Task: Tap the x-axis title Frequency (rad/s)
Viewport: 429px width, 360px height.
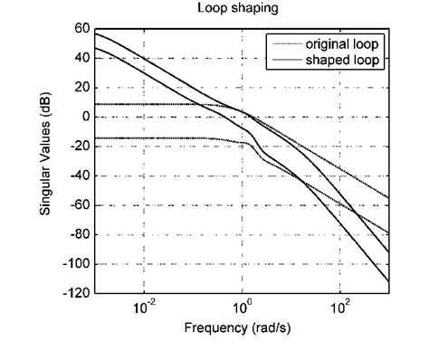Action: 242,327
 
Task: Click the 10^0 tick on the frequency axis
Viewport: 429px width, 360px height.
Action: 242,308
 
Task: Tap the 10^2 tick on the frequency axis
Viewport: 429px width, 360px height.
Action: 339,308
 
